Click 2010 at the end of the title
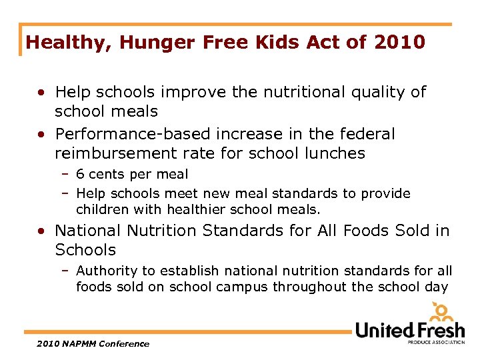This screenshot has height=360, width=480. tap(399, 43)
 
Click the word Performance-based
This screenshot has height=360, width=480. tap(127, 134)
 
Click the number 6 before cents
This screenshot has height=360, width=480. tap(80, 175)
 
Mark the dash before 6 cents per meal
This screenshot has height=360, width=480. tap(67, 175)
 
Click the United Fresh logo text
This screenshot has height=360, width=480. tap(409, 329)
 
